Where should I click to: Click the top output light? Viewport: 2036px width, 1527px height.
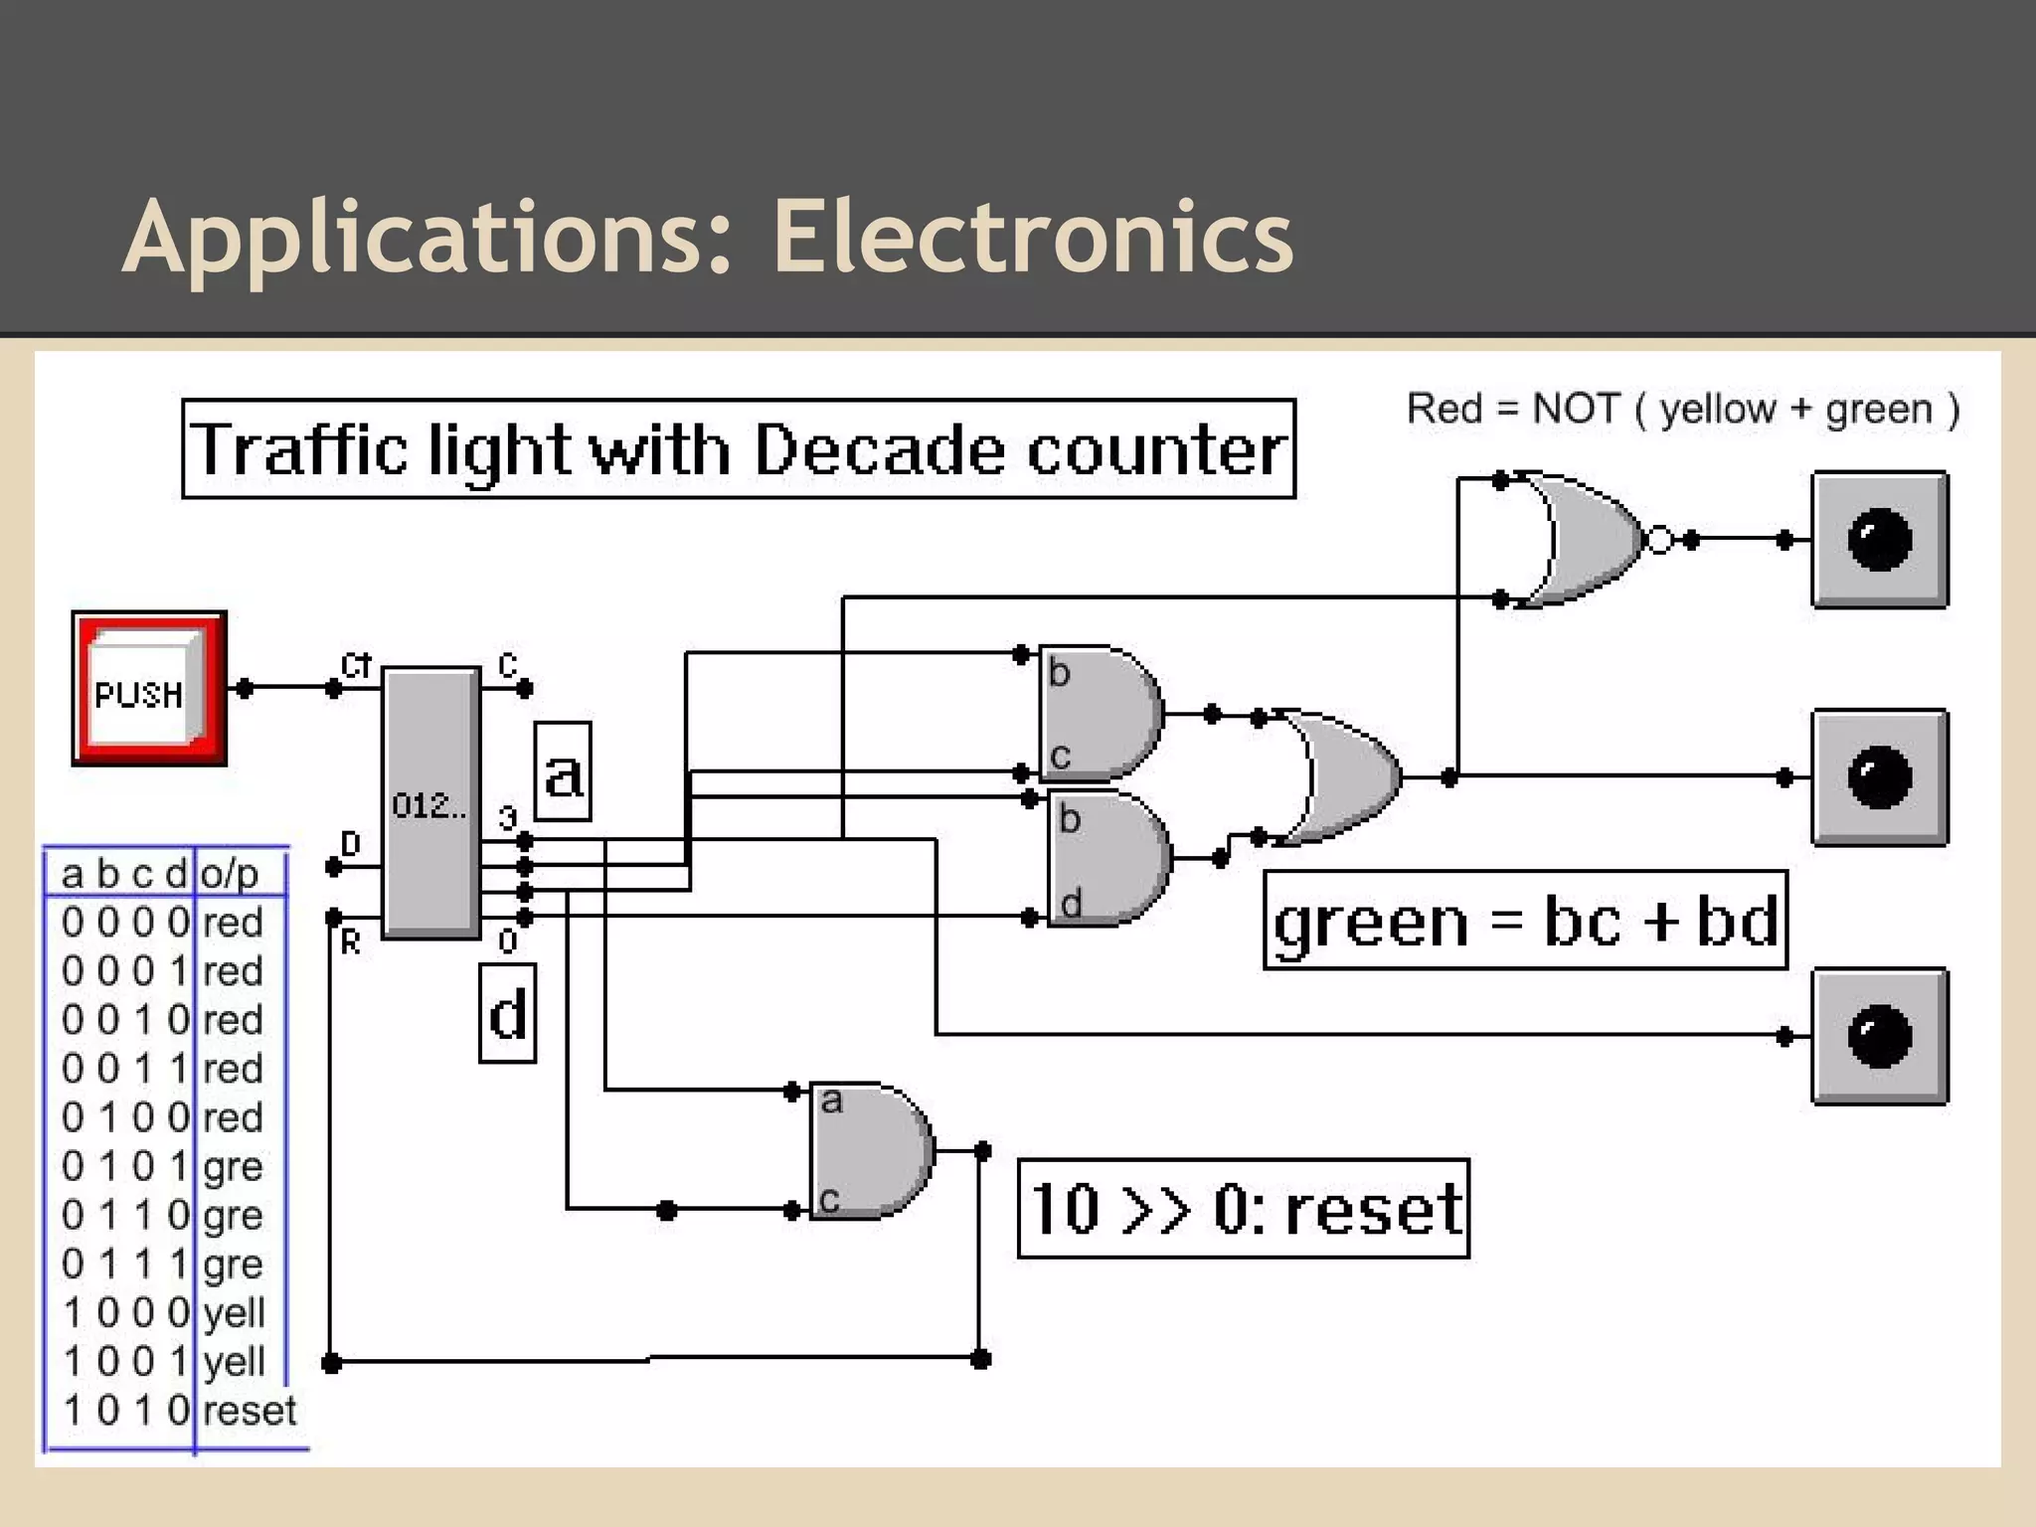(x=1879, y=540)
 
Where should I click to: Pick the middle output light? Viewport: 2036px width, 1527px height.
(x=1879, y=776)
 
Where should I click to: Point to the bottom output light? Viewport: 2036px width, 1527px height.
(x=1879, y=1036)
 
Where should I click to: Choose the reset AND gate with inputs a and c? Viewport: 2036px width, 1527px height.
(x=871, y=1150)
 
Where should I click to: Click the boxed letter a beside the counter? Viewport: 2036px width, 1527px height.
(x=563, y=772)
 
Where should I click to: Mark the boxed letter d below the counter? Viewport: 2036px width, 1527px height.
(x=508, y=1013)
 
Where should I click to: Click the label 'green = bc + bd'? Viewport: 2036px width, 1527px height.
(x=1525, y=921)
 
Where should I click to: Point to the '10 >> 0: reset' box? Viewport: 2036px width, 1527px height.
(x=1244, y=1209)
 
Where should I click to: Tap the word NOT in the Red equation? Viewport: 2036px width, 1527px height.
(x=1577, y=409)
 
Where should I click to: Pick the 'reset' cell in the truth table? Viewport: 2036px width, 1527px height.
(x=249, y=1411)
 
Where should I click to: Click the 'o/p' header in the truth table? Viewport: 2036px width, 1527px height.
(x=230, y=874)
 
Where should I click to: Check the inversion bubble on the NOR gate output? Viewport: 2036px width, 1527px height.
(x=1660, y=540)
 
